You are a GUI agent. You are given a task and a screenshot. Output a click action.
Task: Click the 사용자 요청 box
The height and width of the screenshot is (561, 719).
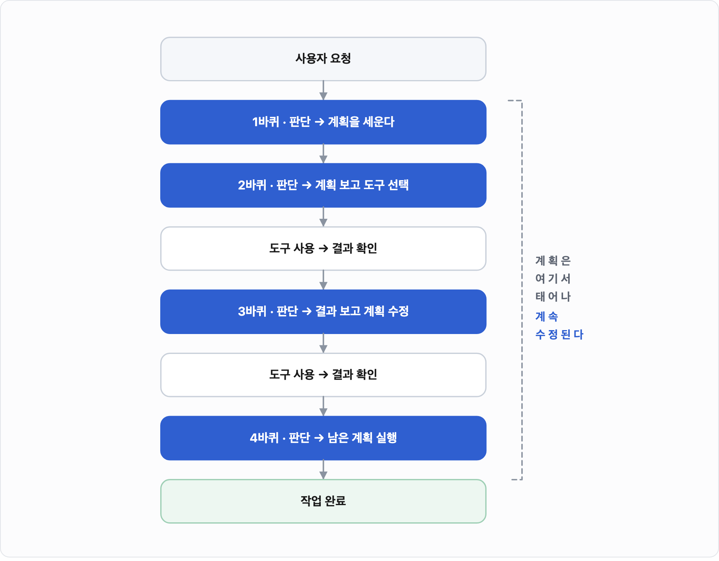click(x=323, y=59)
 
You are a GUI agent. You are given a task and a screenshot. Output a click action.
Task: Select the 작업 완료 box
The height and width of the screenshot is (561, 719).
click(x=323, y=501)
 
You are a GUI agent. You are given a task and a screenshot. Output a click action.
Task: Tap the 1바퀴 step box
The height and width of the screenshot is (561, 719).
click(x=323, y=122)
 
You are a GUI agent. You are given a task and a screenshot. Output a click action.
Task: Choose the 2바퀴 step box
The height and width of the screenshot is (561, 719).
click(x=323, y=185)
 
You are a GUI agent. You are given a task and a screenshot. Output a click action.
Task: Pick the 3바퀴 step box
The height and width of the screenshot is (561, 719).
click(x=323, y=312)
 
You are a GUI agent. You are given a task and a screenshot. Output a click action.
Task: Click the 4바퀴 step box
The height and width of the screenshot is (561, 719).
click(x=323, y=438)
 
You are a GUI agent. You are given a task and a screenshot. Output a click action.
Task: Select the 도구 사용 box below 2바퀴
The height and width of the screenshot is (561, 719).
click(x=323, y=248)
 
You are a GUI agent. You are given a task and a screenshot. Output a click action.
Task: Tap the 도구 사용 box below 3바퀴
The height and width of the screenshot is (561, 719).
click(x=323, y=375)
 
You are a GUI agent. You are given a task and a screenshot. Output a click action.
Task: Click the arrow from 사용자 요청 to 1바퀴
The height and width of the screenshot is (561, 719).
click(x=323, y=91)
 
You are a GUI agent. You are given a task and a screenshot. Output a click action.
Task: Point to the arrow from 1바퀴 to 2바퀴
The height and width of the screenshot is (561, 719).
click(x=323, y=154)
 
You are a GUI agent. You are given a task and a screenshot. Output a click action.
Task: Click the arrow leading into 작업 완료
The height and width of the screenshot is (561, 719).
click(x=323, y=470)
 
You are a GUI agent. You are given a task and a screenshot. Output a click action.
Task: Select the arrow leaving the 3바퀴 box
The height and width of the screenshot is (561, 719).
click(x=323, y=343)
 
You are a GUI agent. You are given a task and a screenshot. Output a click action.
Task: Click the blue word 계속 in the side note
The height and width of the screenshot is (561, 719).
click(x=547, y=316)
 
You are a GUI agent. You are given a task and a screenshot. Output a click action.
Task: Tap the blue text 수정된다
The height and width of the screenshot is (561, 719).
click(x=559, y=334)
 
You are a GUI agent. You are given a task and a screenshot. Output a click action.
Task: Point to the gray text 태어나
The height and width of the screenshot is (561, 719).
click(x=553, y=297)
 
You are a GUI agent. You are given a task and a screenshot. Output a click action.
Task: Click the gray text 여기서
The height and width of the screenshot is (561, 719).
click(x=553, y=279)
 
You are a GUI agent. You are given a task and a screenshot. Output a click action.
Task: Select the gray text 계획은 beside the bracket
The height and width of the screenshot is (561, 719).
click(x=553, y=261)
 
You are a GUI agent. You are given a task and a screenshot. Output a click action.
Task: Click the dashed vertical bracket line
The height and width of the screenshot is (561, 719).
click(x=522, y=290)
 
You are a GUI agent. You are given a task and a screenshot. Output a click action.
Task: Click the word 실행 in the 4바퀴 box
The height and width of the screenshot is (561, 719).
click(x=386, y=438)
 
